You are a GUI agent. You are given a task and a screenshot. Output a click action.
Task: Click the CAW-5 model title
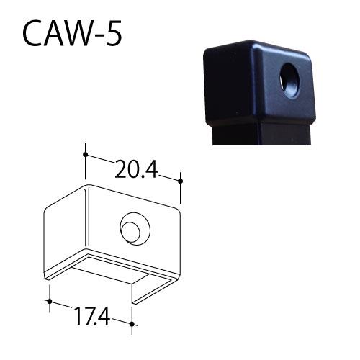pyautogui.click(x=72, y=34)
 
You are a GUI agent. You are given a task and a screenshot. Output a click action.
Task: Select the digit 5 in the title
pyautogui.click(x=113, y=34)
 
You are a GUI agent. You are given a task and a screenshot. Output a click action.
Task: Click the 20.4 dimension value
pyautogui.click(x=136, y=169)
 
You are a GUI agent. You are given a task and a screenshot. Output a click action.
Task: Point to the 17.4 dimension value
pyautogui.click(x=92, y=316)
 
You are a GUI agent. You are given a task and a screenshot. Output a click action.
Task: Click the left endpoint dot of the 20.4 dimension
pyautogui.click(x=85, y=154)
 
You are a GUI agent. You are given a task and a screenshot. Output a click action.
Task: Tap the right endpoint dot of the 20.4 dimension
pyautogui.click(x=180, y=181)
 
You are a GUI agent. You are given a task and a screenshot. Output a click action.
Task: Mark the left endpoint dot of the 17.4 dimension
pyautogui.click(x=50, y=301)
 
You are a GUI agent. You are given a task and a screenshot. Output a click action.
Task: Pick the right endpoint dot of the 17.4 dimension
pyautogui.click(x=132, y=324)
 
